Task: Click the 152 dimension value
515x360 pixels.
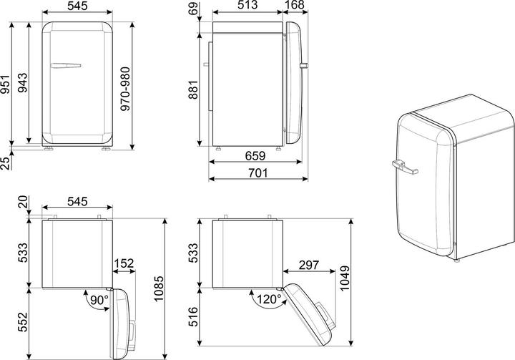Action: coord(124,265)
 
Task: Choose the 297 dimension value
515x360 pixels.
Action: coord(309,265)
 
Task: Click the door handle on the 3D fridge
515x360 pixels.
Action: coord(405,169)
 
